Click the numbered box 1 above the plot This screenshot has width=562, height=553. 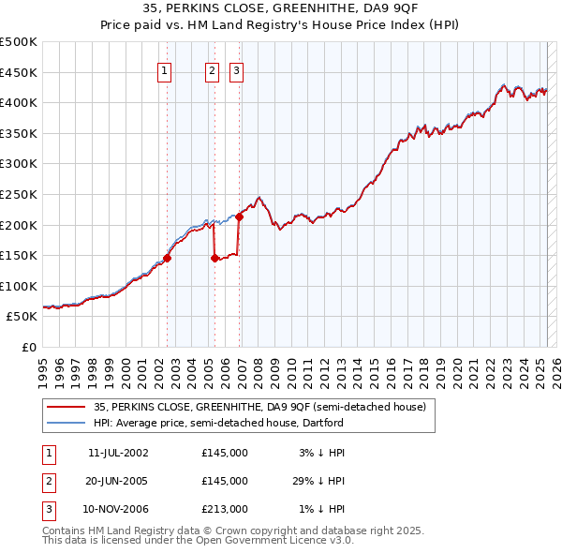pyautogui.click(x=164, y=70)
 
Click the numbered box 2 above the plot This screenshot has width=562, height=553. pyautogui.click(x=212, y=70)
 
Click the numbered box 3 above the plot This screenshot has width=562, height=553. pyautogui.click(x=235, y=70)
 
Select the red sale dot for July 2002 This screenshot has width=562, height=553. pyautogui.click(x=168, y=258)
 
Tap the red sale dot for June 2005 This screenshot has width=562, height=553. pyautogui.click(x=215, y=258)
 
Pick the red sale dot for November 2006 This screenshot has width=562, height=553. pyautogui.click(x=239, y=217)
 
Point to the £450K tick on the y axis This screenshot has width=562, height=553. pyautogui.click(x=20, y=72)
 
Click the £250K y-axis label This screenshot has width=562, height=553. pyautogui.click(x=20, y=194)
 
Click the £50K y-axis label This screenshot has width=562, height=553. pyautogui.click(x=23, y=317)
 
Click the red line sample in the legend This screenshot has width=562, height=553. pyautogui.click(x=66, y=408)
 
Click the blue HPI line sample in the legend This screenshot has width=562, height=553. pyautogui.click(x=66, y=423)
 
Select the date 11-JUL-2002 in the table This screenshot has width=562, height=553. pyautogui.click(x=118, y=453)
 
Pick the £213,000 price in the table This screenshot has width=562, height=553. pyautogui.click(x=225, y=509)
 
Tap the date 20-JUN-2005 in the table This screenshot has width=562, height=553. pyautogui.click(x=118, y=481)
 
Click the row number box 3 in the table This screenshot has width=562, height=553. pyautogui.click(x=48, y=509)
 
